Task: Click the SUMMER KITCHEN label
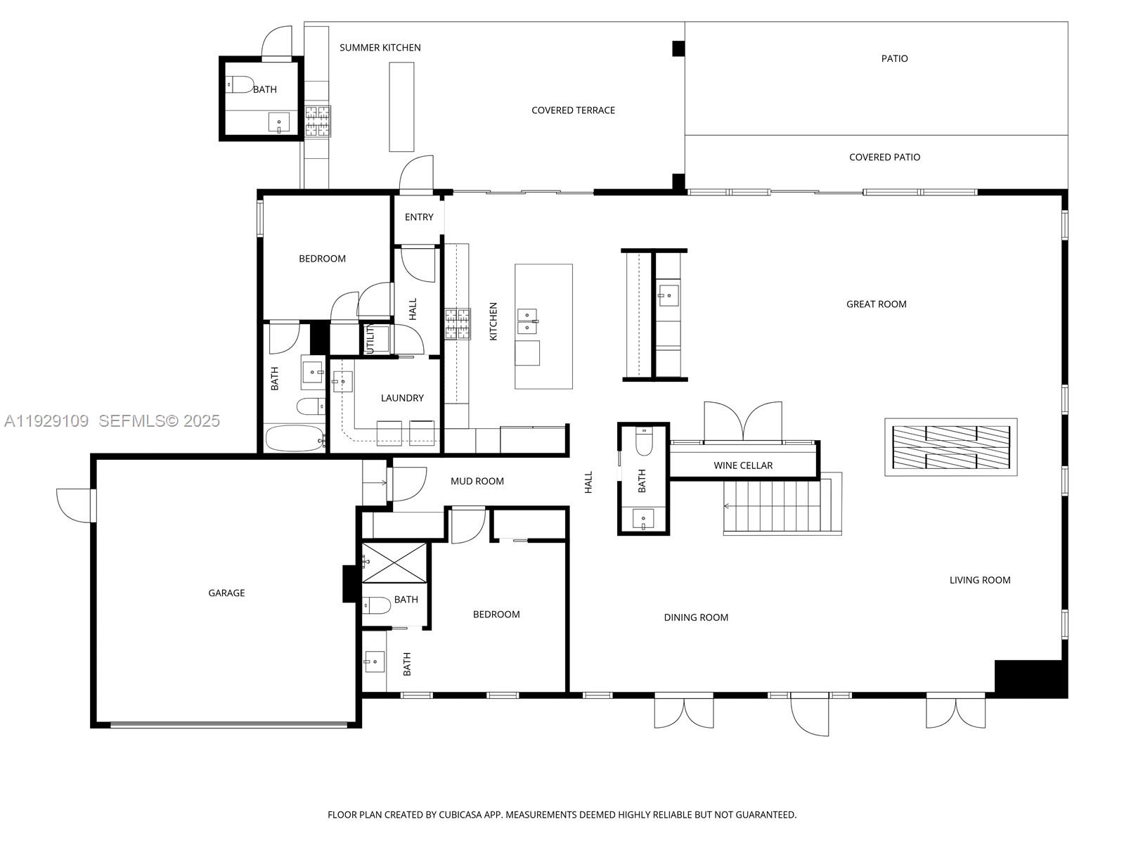(380, 48)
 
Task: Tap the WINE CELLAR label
(742, 465)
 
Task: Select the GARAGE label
(226, 593)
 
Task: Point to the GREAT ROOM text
(876, 304)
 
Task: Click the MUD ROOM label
(477, 482)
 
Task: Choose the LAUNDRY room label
(402, 398)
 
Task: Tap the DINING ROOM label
(695, 618)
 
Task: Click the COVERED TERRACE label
(573, 110)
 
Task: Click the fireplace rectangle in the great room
(950, 447)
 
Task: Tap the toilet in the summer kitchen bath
(240, 85)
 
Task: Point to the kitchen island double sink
(527, 321)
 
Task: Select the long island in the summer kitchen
(401, 106)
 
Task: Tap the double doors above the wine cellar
(743, 422)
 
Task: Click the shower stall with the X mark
(394, 562)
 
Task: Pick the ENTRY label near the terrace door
(419, 217)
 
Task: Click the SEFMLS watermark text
(159, 421)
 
